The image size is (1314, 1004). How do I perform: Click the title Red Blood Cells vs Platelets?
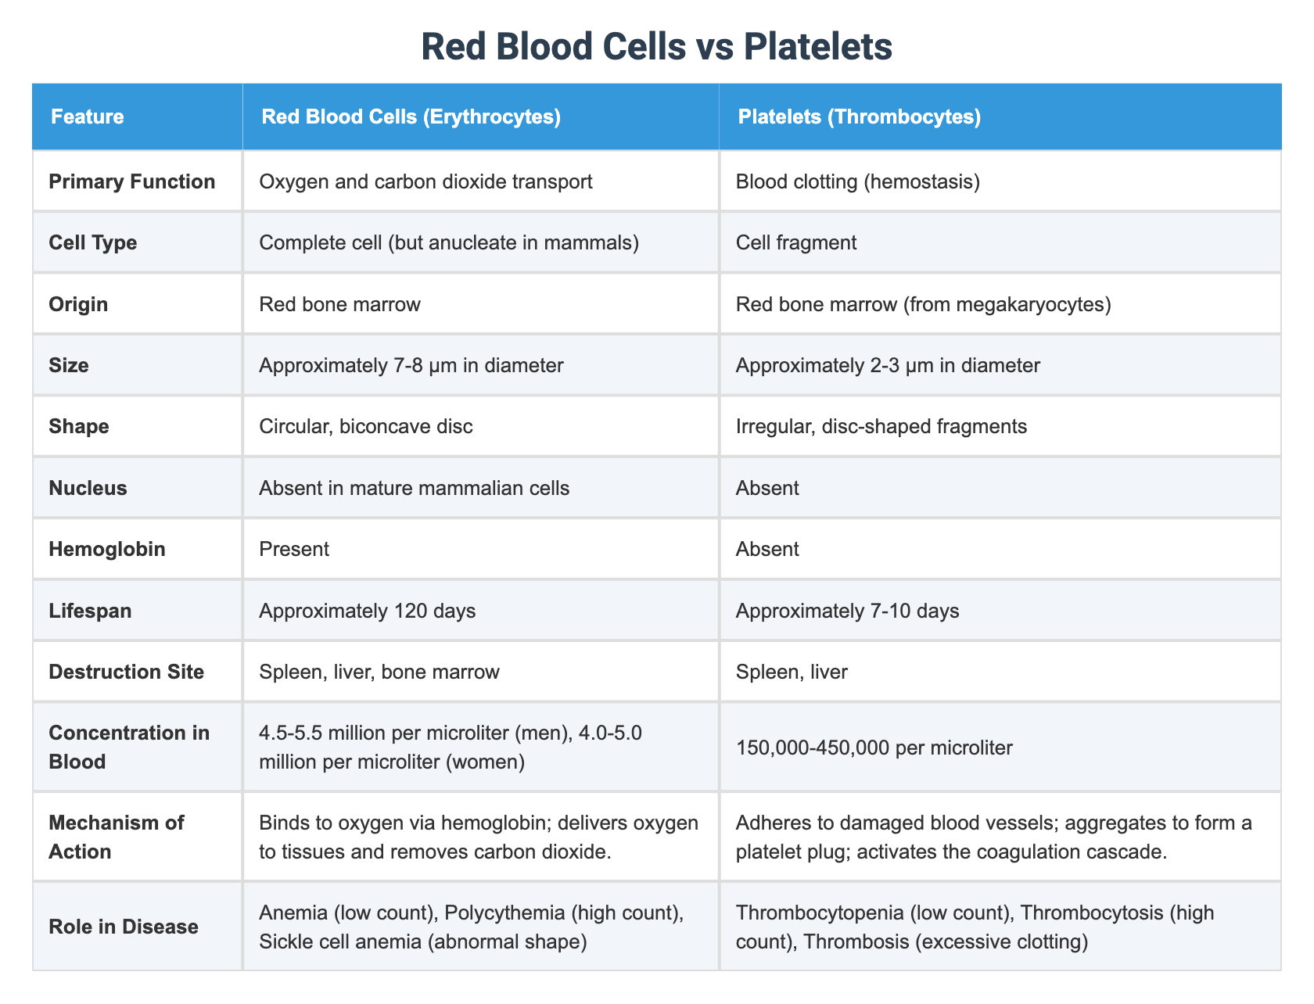click(x=656, y=48)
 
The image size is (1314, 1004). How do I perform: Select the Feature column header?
click(x=87, y=117)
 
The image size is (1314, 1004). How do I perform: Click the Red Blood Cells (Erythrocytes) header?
click(x=411, y=117)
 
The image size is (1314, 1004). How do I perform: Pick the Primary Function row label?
click(x=131, y=182)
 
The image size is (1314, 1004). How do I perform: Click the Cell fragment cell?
click(x=796, y=242)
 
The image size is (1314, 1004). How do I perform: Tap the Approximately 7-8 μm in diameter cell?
click(x=411, y=365)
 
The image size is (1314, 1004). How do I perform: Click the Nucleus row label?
click(x=88, y=488)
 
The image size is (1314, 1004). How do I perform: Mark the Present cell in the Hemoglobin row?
click(x=294, y=549)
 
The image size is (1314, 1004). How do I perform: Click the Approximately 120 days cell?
click(x=368, y=610)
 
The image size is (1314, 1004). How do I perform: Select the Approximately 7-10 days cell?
click(x=848, y=610)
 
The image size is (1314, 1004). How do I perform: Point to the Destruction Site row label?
click(x=126, y=671)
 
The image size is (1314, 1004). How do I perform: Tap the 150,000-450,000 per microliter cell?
click(x=874, y=748)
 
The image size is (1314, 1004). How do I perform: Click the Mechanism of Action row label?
click(x=117, y=836)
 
